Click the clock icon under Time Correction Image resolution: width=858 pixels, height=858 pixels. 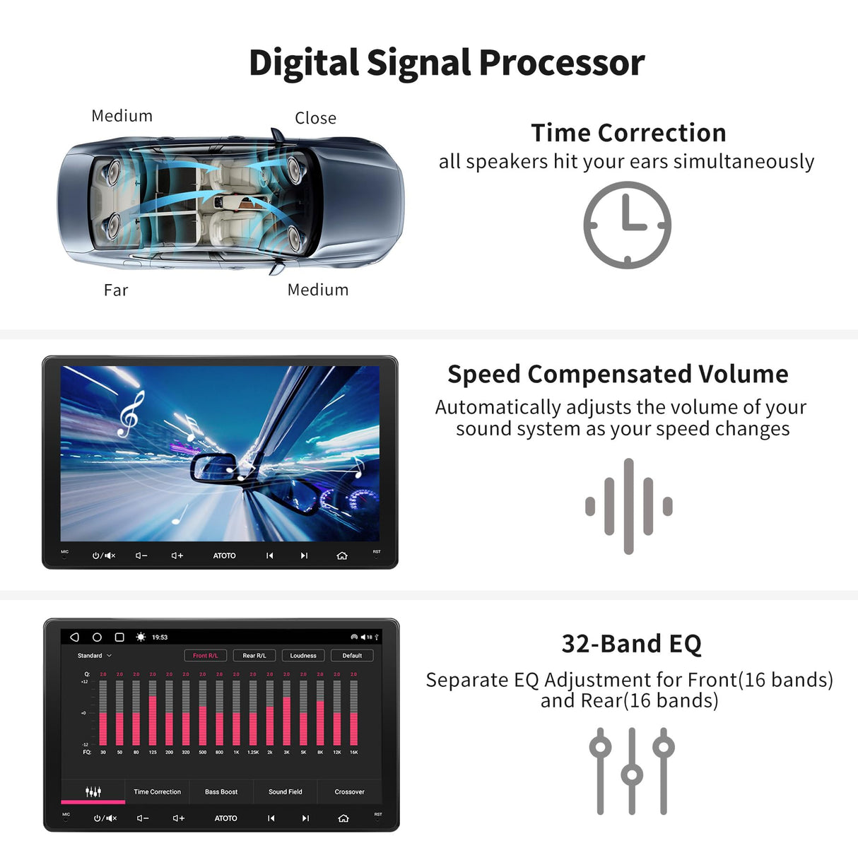[x=627, y=225]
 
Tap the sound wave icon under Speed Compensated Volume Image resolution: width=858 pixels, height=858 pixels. [x=628, y=506]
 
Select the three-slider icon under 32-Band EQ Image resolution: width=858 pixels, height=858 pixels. [x=632, y=771]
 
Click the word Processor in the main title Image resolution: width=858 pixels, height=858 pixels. [x=562, y=63]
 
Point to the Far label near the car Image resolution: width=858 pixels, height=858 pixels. [x=116, y=290]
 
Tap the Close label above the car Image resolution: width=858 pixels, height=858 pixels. [x=315, y=118]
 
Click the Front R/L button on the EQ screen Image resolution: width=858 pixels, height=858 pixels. [x=205, y=656]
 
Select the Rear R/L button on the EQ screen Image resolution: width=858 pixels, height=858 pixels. [x=254, y=656]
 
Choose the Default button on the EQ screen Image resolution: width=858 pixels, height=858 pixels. [x=352, y=656]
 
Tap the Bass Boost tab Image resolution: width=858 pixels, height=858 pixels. [x=221, y=792]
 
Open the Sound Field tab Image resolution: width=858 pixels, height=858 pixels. [x=286, y=792]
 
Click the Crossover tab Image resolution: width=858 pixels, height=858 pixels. [x=350, y=792]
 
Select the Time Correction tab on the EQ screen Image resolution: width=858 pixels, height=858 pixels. [x=157, y=792]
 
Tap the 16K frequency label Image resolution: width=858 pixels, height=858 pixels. [x=354, y=753]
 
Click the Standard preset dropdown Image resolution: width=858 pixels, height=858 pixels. [x=95, y=656]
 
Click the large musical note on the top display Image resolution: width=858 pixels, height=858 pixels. [x=131, y=415]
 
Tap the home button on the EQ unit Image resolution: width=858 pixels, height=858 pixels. [x=343, y=818]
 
